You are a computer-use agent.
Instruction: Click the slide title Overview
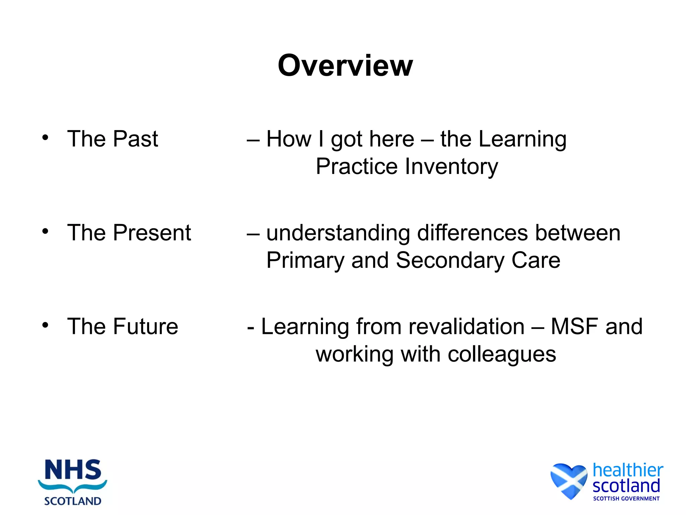coord(345,65)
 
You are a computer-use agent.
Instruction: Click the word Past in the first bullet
coord(135,139)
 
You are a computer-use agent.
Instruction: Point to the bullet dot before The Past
coord(46,137)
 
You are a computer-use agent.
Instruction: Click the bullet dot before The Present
coord(46,231)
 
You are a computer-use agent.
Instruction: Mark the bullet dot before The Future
coord(46,325)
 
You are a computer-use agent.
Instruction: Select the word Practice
coord(357,167)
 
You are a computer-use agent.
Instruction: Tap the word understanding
coord(338,233)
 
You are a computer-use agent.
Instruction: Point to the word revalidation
coord(440,327)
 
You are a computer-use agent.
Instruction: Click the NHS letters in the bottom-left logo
coord(73,470)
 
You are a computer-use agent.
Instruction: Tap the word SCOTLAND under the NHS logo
coord(73,501)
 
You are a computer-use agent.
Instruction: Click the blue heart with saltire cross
coord(569,480)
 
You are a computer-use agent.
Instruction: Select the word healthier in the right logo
coord(628,470)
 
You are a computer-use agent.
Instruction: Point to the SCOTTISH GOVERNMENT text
coord(626,499)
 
